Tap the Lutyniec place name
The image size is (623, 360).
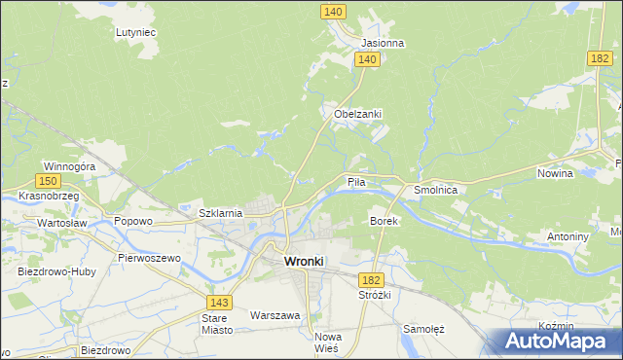tap(136, 32)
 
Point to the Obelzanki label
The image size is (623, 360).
tap(357, 114)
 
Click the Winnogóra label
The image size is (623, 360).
tap(68, 166)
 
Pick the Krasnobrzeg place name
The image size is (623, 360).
tap(49, 196)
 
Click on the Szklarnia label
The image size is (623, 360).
tap(220, 213)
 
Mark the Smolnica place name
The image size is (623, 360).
tap(436, 191)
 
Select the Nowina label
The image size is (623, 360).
tap(555, 173)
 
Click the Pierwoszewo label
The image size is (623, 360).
tap(149, 258)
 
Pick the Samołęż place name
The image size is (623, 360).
tap(423, 329)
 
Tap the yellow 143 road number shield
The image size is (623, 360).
tap(219, 304)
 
